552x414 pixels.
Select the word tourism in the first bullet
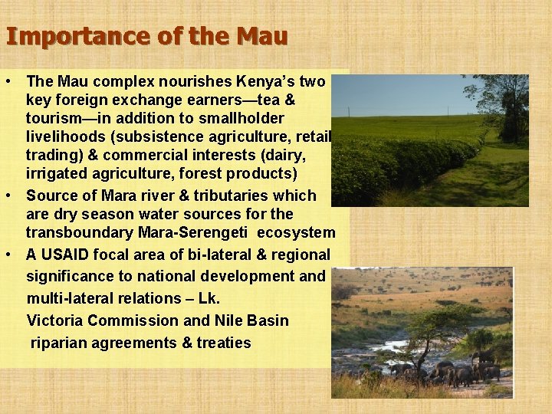(54, 119)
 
